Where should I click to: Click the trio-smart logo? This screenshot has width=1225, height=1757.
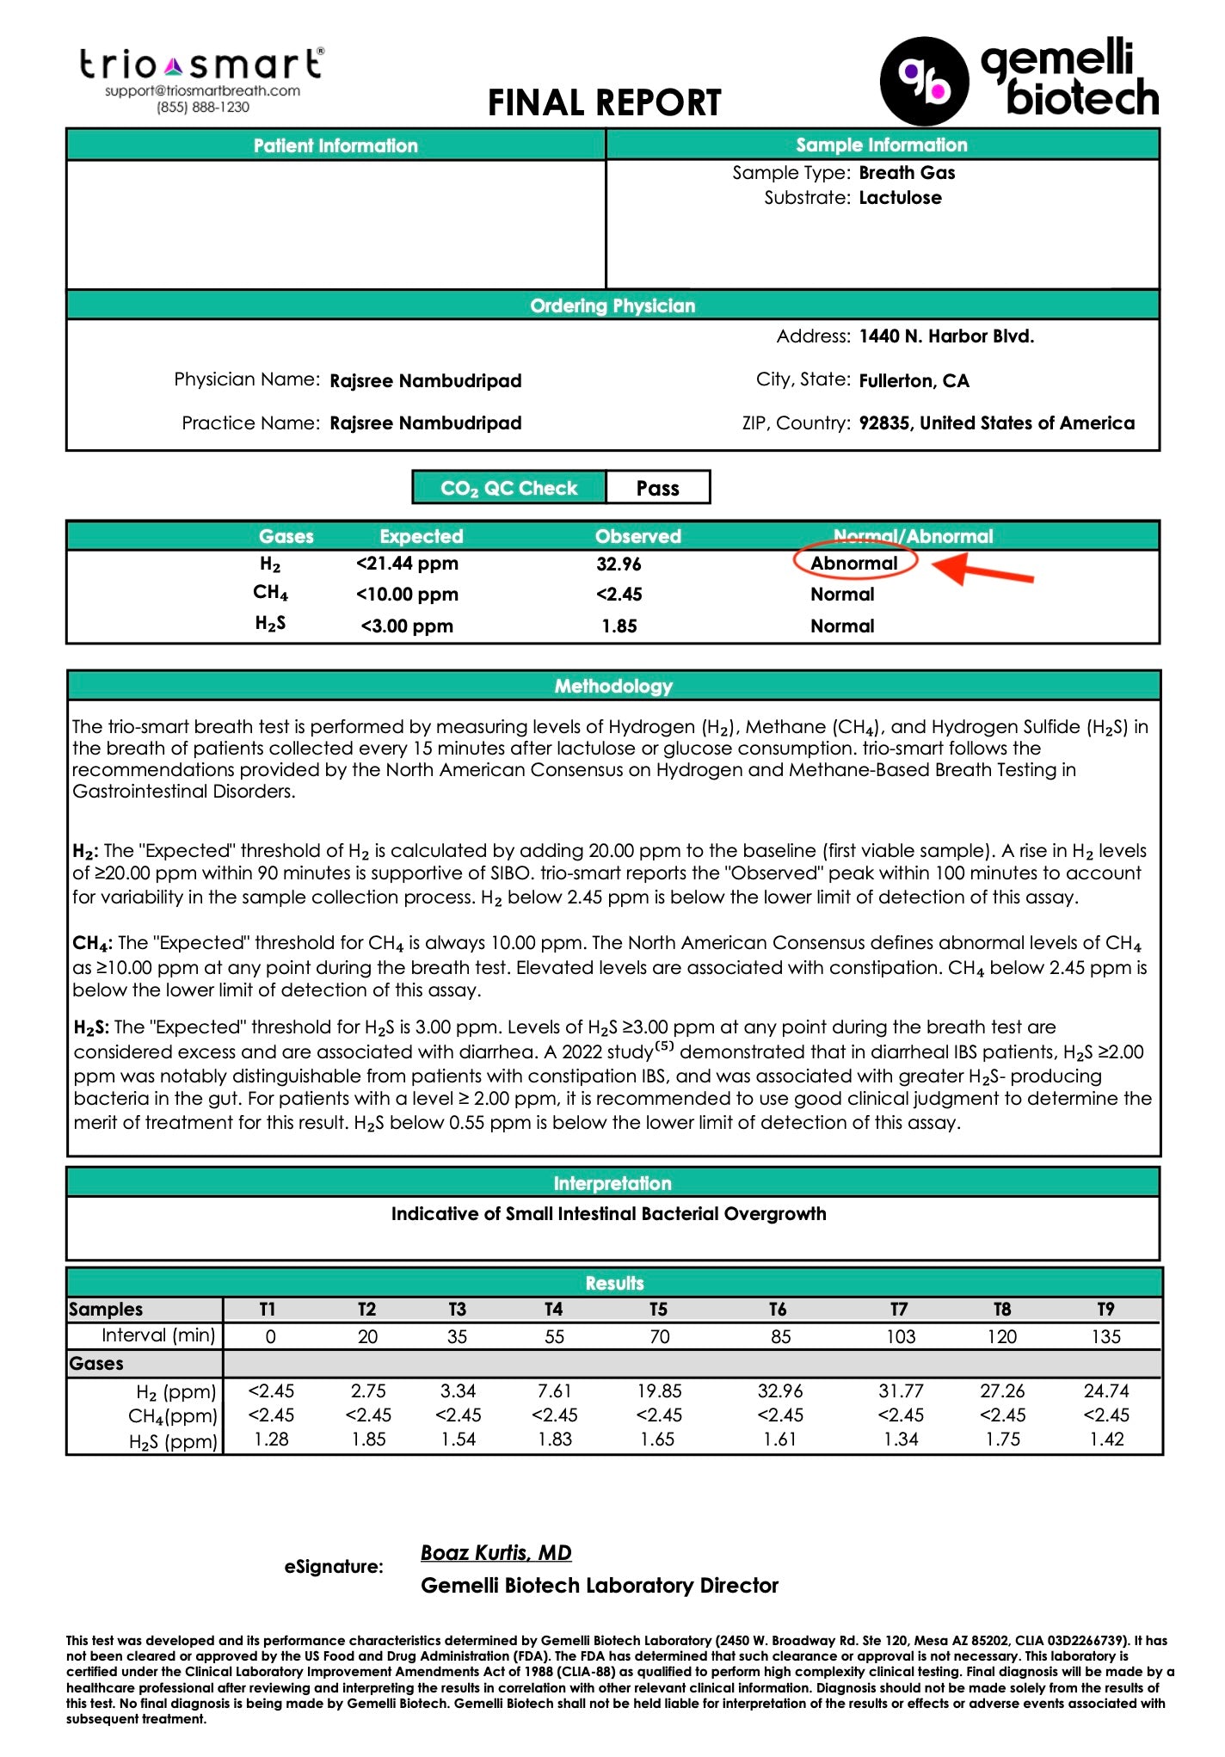pyautogui.click(x=201, y=65)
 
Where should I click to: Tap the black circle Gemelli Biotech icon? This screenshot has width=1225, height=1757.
pyautogui.click(x=924, y=81)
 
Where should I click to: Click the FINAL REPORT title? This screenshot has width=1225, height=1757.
pyautogui.click(x=604, y=103)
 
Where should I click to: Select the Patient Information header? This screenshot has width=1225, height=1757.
pyautogui.click(x=335, y=145)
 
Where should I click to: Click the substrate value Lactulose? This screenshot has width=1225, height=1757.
pyautogui.click(x=900, y=198)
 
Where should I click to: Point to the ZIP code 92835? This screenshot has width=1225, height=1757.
pyautogui.click(x=886, y=423)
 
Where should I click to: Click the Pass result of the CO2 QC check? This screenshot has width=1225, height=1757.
pyautogui.click(x=657, y=488)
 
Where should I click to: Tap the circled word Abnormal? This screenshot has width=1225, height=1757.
pyautogui.click(x=854, y=564)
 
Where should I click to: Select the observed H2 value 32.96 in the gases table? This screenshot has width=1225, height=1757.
pyautogui.click(x=619, y=564)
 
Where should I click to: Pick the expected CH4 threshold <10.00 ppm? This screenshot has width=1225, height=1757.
pyautogui.click(x=407, y=595)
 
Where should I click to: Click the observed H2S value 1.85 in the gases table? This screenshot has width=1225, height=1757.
pyautogui.click(x=619, y=626)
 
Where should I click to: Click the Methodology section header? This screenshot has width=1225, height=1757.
pyautogui.click(x=612, y=686)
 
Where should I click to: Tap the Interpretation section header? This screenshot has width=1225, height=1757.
pyautogui.click(x=612, y=1183)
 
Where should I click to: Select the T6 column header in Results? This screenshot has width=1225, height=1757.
pyautogui.click(x=777, y=1309)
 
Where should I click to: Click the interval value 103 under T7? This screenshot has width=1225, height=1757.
pyautogui.click(x=901, y=1336)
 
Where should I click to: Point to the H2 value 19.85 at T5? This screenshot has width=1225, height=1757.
pyautogui.click(x=659, y=1390)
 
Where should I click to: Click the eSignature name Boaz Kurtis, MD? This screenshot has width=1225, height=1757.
pyautogui.click(x=496, y=1552)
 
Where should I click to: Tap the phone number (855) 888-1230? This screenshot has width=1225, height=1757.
pyautogui.click(x=203, y=108)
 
